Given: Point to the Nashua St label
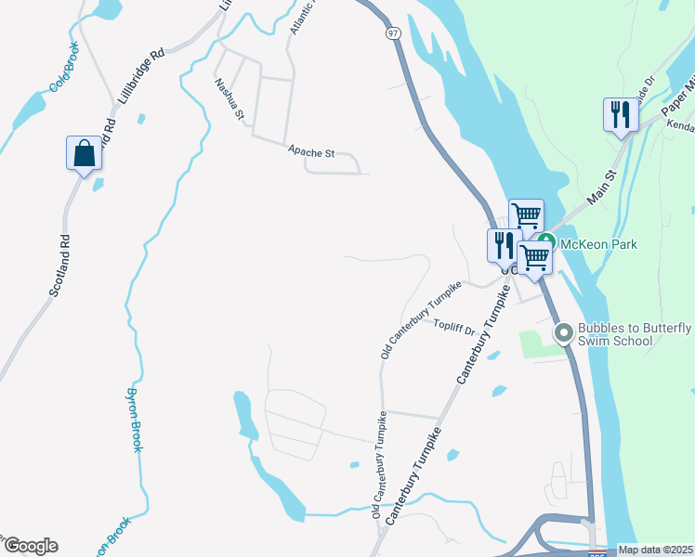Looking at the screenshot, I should (x=228, y=99).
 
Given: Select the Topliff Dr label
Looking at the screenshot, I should (x=454, y=327).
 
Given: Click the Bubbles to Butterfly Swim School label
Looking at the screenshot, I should (x=634, y=334).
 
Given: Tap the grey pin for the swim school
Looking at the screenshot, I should (x=562, y=332).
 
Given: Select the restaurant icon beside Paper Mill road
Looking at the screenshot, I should (x=620, y=115).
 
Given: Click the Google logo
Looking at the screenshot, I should (x=31, y=546).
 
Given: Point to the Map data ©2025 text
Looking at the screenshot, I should (x=655, y=550).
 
